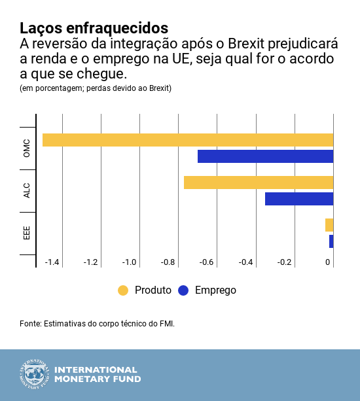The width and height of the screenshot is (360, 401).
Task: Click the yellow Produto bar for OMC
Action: click(188, 140)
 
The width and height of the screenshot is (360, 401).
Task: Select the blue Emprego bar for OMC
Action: click(265, 156)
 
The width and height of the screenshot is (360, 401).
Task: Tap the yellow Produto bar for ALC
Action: click(259, 183)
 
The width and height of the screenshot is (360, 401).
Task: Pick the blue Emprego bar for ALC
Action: click(299, 199)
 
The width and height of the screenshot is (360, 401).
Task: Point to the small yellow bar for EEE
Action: click(329, 225)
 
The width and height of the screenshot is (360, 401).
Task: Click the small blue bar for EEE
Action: click(331, 241)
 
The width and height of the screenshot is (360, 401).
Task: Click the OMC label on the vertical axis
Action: click(27, 148)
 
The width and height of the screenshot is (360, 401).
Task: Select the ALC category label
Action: click(27, 190)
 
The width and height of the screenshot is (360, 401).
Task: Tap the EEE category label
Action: click(27, 233)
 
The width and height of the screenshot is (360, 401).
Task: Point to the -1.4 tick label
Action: click(52, 262)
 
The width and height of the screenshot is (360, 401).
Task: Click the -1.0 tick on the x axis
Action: click(129, 262)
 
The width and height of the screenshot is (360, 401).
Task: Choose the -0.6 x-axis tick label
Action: click(207, 262)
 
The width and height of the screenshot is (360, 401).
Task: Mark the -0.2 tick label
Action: click(284, 262)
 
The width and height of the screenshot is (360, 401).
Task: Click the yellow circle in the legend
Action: click(123, 290)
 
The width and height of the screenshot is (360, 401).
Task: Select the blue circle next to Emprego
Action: click(183, 290)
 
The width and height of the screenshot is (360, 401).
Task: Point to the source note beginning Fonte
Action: click(98, 324)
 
